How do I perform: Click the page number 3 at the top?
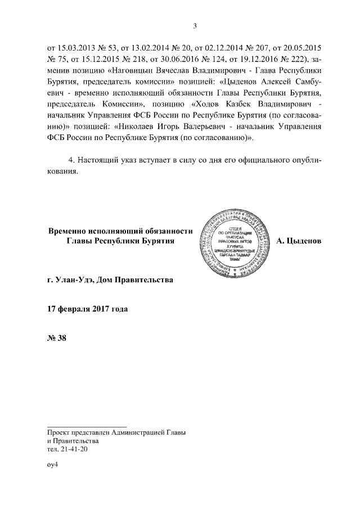195,25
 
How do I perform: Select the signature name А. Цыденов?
299,241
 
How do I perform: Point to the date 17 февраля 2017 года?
88,308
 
